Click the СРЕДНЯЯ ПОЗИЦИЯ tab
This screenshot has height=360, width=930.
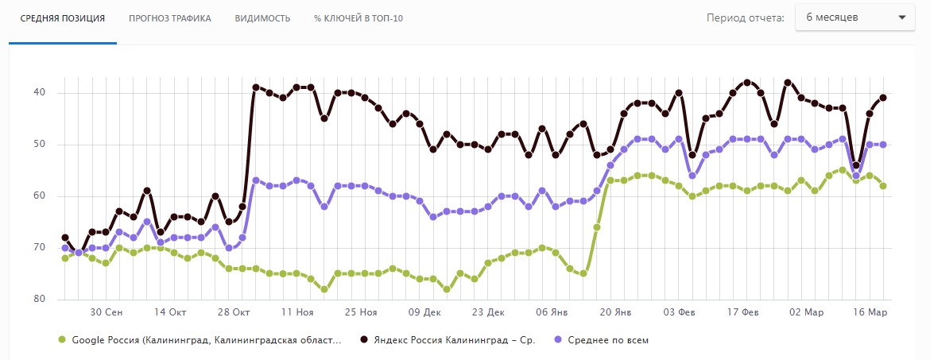click(x=63, y=18)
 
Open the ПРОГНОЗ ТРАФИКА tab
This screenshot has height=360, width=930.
click(x=170, y=18)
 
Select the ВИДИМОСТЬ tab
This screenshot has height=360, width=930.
click(x=262, y=18)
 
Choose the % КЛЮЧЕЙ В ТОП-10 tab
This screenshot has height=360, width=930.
click(x=358, y=18)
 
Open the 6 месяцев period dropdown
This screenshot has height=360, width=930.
click(x=855, y=17)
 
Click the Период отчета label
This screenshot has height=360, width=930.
click(x=746, y=17)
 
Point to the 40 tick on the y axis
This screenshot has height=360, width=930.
click(x=40, y=93)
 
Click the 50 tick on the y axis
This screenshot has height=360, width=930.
click(x=40, y=145)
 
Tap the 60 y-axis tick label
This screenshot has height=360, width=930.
click(x=40, y=196)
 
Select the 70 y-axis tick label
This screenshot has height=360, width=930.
click(x=40, y=248)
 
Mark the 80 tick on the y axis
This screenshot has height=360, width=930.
click(x=40, y=300)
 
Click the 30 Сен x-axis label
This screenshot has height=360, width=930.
click(x=106, y=312)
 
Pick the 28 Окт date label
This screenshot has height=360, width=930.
click(x=235, y=312)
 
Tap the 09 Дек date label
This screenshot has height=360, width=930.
click(x=424, y=312)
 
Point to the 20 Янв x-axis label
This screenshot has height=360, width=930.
click(x=616, y=312)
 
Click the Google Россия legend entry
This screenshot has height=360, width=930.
click(x=206, y=340)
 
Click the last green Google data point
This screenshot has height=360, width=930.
click(x=882, y=186)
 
